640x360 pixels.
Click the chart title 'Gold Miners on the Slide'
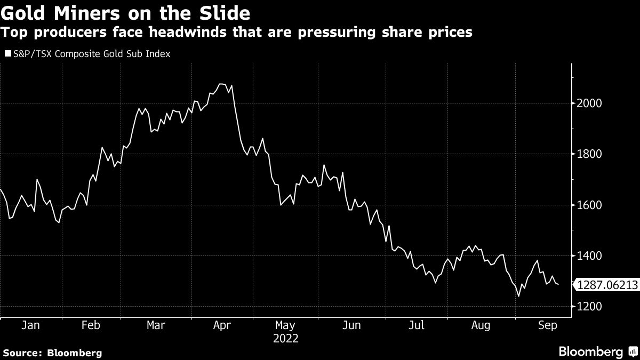[126, 12]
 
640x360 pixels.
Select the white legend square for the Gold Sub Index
[7, 54]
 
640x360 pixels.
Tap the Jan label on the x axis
[30, 325]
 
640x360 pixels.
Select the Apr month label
[221, 325]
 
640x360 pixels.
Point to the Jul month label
[417, 325]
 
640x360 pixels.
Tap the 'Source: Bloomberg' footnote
[52, 353]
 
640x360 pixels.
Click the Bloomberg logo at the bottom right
[596, 351]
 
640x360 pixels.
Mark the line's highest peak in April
[222, 84]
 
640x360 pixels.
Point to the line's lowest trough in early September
[518, 296]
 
